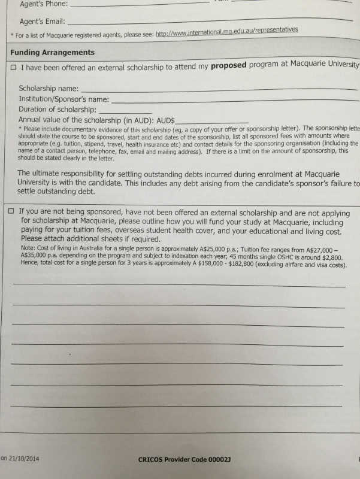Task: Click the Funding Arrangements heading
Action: [52, 53]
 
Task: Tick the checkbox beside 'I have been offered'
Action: [13, 68]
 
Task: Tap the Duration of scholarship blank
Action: [125, 111]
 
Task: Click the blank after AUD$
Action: [211, 122]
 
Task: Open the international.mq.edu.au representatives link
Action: [226, 30]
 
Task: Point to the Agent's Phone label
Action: [43, 4]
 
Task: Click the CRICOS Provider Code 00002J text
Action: [184, 460]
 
